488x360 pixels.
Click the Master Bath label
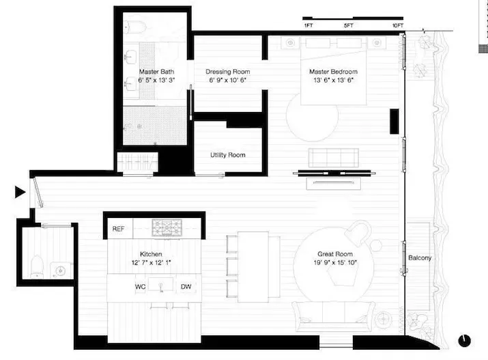154,72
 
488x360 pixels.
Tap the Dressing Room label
228,72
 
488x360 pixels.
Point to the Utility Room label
228,155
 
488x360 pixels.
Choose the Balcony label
420,258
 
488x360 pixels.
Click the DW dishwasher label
186,286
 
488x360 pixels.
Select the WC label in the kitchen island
141,286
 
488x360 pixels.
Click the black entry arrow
20,193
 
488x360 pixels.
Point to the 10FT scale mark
398,26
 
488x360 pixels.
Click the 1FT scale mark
308,26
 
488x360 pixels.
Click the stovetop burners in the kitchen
164,227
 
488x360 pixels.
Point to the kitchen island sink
162,286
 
